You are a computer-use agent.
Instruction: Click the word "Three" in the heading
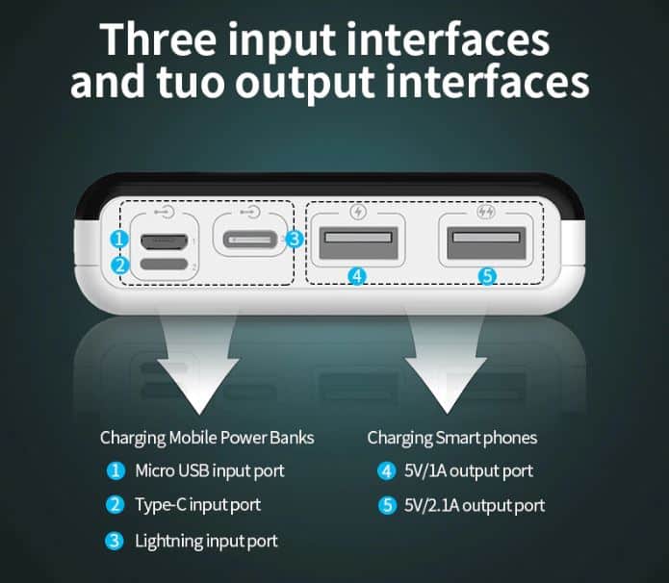coord(158,38)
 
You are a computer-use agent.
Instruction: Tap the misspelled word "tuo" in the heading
coord(191,81)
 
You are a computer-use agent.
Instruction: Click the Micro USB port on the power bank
coord(165,241)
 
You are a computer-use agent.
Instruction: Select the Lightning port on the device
coord(250,240)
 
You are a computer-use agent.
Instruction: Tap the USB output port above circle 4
coord(358,243)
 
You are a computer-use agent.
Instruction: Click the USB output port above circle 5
coord(486,243)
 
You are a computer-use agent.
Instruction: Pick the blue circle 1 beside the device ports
coord(118,239)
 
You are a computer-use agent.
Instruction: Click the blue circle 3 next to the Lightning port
coord(295,240)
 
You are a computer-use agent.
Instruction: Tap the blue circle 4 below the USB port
coord(357,276)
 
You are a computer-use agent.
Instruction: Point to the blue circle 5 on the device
coord(487,276)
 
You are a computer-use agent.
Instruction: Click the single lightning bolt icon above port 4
coord(358,212)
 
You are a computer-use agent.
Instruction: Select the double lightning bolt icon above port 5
coord(485,212)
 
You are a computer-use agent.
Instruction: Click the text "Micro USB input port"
coord(210,471)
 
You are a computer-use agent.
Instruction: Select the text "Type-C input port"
coord(197,505)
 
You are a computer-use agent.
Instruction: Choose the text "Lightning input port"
coord(206,542)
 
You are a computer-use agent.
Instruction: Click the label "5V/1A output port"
coord(469,471)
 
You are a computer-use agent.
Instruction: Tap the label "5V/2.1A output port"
coord(475,505)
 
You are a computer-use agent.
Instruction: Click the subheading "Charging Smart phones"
coord(451,438)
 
